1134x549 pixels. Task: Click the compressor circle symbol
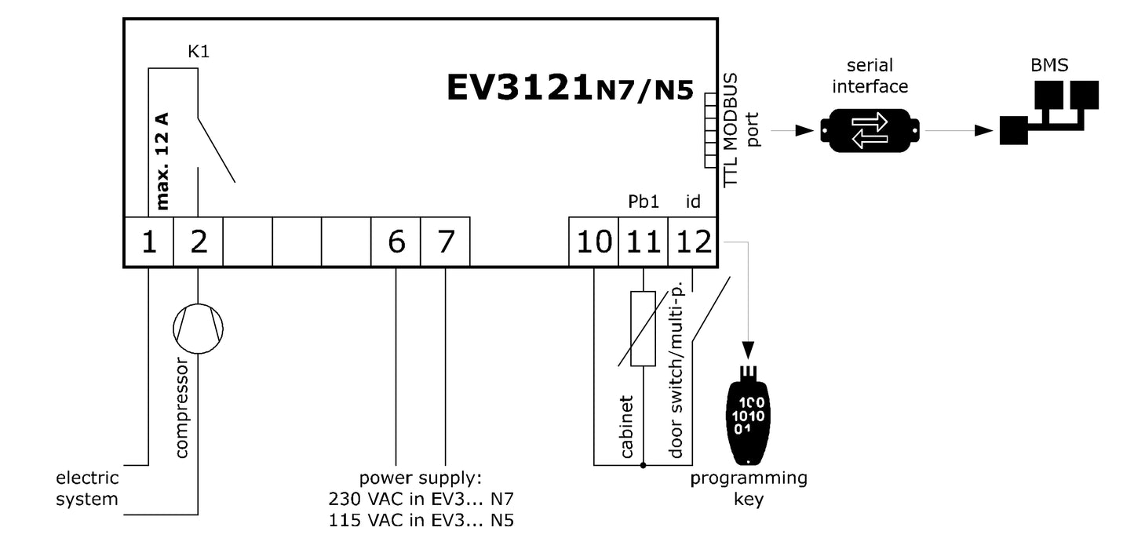point(198,327)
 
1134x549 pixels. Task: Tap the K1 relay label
point(199,52)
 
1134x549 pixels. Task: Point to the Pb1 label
point(643,202)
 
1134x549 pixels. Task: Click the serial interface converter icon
point(870,131)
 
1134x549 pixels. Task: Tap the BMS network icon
point(1049,110)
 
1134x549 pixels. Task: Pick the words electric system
point(87,488)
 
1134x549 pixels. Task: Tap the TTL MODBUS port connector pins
point(710,130)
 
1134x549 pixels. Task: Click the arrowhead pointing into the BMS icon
point(984,132)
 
